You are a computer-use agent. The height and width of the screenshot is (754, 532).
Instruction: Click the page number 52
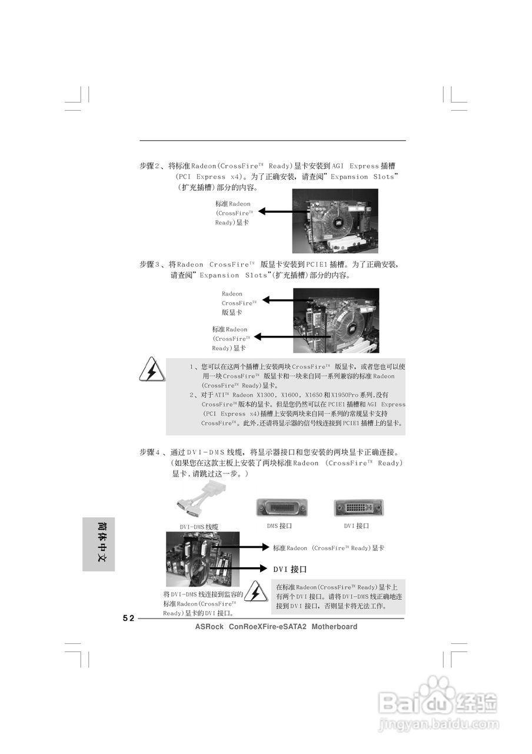128,618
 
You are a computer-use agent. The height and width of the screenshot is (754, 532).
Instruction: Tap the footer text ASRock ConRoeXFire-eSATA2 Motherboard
276,627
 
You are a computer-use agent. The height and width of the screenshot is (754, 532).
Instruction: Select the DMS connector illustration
281,508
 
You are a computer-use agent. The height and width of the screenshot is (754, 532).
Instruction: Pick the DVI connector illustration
358,508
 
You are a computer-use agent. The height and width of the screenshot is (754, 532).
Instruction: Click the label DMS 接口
279,525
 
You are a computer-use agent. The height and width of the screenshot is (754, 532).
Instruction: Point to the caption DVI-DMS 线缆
199,527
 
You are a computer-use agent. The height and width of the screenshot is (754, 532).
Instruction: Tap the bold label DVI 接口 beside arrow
290,570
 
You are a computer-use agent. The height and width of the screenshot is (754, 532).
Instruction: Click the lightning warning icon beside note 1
151,371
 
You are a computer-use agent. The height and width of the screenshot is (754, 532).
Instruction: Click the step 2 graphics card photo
335,221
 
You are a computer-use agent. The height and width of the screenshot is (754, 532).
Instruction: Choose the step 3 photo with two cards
336,320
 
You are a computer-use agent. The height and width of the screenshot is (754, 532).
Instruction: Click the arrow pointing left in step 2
282,211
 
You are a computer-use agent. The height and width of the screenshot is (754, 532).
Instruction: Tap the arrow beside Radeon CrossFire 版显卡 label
285,300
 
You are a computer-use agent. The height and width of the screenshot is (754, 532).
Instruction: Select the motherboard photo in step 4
202,559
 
